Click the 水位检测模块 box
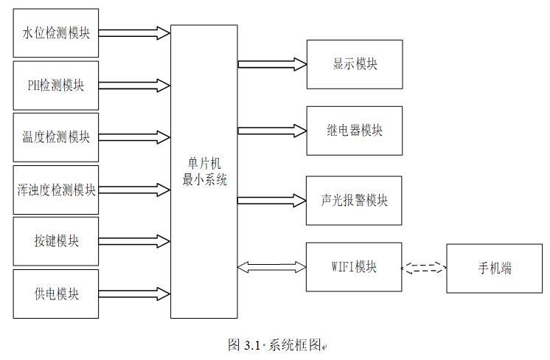pyautogui.click(x=56, y=33)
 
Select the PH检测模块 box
pyautogui.click(x=56, y=85)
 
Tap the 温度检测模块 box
pyautogui.click(x=56, y=136)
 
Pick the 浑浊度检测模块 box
pyautogui.click(x=56, y=190)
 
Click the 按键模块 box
pyautogui.click(x=56, y=241)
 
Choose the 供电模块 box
pyautogui.click(x=56, y=294)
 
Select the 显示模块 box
pyautogui.click(x=354, y=64)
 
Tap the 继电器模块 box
pyautogui.click(x=354, y=131)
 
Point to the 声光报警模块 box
pyautogui.click(x=354, y=201)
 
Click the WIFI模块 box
pyautogui.click(x=354, y=267)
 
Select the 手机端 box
pyautogui.click(x=494, y=268)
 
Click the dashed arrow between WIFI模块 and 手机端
pyautogui.click(x=423, y=268)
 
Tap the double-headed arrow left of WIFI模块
pyautogui.click(x=271, y=267)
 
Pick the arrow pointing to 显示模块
pyautogui.click(x=271, y=64)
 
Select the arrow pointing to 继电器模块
pyautogui.click(x=271, y=131)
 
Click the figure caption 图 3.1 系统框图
pyautogui.click(x=276, y=345)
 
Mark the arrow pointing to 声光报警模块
pyautogui.click(x=271, y=200)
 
